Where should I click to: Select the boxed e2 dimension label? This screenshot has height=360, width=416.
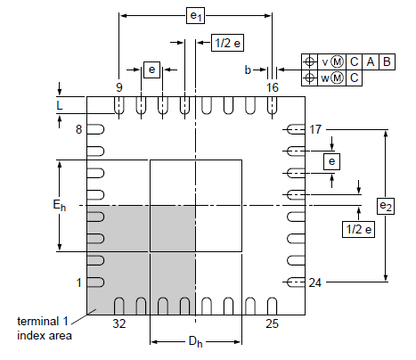(x=385, y=206)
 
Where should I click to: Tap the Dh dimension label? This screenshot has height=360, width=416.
(x=195, y=341)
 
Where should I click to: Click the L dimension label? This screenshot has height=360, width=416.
(x=59, y=105)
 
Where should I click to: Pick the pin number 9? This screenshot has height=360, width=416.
(x=118, y=86)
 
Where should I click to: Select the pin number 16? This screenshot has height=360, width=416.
(x=273, y=86)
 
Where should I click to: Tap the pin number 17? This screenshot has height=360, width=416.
(x=314, y=129)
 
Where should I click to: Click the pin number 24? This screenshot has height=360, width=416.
(x=314, y=283)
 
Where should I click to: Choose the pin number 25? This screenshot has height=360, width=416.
(x=273, y=323)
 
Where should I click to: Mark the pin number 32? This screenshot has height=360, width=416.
(x=118, y=323)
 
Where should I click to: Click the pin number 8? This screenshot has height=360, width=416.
(x=78, y=129)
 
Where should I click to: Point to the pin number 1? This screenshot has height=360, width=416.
(x=78, y=282)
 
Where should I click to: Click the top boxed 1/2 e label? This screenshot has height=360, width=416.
(x=224, y=43)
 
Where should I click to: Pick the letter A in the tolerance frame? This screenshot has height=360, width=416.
(x=371, y=61)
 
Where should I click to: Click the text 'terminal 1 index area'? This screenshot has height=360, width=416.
(x=44, y=328)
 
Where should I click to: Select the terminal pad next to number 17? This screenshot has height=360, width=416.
(x=294, y=129)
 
